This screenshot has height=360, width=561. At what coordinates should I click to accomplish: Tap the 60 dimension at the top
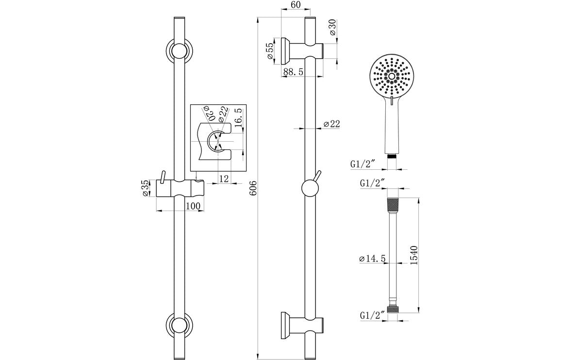click(x=296, y=5)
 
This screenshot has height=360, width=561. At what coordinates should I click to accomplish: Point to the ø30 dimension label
click(x=332, y=28)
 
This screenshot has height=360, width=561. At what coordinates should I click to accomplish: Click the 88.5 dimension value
click(x=293, y=71)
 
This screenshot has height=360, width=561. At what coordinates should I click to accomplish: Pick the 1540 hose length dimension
click(x=414, y=255)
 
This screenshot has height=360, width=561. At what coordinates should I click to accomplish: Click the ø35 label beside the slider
click(x=145, y=188)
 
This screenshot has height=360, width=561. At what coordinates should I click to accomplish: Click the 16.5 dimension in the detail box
click(x=238, y=118)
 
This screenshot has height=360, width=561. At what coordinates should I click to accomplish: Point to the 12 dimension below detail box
click(x=224, y=179)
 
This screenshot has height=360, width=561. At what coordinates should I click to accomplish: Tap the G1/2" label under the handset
click(x=363, y=164)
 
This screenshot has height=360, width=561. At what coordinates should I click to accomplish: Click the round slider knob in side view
click(x=310, y=188)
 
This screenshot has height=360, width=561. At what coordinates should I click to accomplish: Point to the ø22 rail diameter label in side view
click(x=332, y=125)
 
